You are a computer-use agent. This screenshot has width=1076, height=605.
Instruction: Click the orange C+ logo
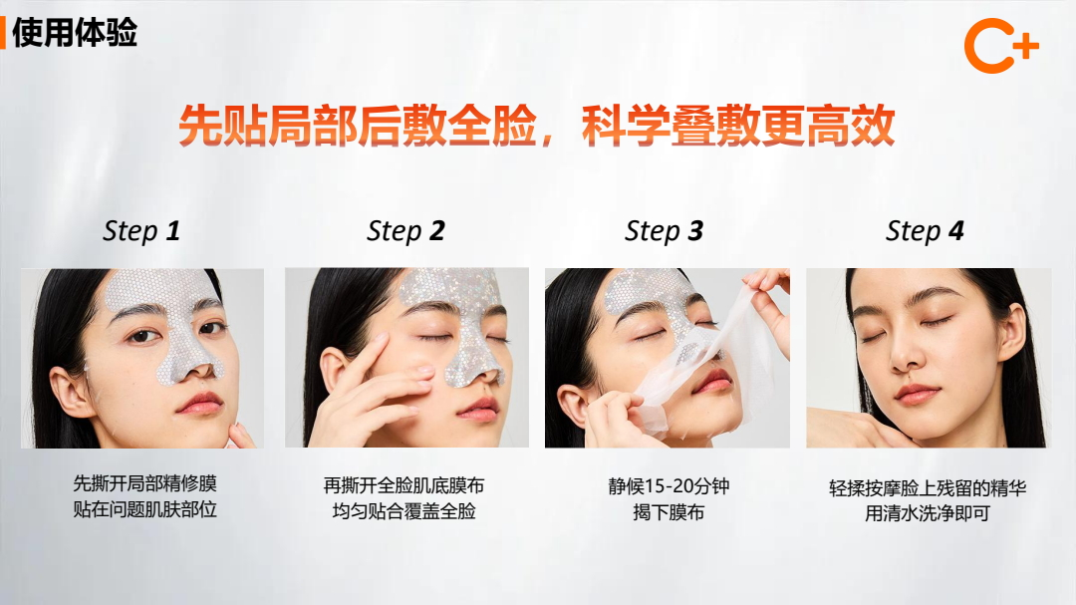point(1000,47)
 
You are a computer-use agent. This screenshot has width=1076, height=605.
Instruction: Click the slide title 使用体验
point(74,32)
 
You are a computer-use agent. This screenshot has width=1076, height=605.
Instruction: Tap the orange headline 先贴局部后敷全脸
point(357,128)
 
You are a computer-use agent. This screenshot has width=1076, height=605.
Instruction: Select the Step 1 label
point(141,231)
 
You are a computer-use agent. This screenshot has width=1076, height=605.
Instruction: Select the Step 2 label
point(405,231)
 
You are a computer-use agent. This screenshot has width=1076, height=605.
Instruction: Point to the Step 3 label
point(664,231)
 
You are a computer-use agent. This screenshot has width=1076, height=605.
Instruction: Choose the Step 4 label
point(925,231)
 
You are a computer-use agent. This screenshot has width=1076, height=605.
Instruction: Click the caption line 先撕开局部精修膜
point(144,484)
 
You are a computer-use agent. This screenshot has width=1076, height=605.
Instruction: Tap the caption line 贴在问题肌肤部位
point(144,509)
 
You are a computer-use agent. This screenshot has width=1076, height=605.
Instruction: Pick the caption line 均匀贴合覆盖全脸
point(403,511)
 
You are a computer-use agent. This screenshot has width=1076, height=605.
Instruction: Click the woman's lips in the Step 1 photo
point(200,402)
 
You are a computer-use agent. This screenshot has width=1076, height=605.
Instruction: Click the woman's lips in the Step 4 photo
point(916,394)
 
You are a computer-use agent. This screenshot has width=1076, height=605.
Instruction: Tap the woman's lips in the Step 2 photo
point(476,409)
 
